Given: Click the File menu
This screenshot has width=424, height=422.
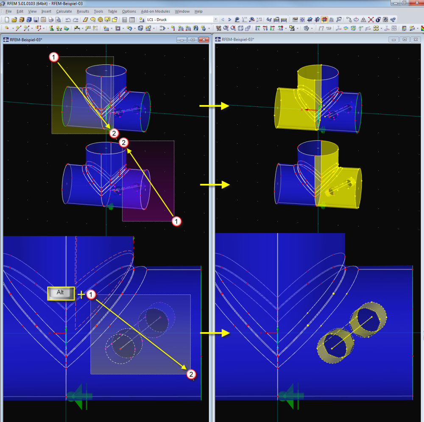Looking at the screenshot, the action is pos(8,11).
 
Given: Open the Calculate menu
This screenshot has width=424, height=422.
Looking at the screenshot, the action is pos(64,11).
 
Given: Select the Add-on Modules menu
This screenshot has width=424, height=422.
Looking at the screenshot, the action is pos(155,11).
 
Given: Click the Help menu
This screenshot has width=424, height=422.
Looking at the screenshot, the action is pos(198,11).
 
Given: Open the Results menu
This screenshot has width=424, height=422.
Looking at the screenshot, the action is pos(83,11).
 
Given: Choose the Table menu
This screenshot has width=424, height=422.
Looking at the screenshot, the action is pos(112,11).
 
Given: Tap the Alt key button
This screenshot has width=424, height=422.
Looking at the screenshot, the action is pos(61,293).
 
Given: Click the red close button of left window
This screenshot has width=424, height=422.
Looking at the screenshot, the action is pos(204,40).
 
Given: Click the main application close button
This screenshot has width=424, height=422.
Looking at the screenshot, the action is pos(418,3).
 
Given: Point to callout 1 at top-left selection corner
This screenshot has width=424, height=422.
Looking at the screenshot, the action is pos(53,57).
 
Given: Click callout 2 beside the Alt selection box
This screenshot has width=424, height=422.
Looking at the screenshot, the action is pos(191,374).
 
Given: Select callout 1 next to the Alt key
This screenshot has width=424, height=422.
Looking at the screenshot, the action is pos(91,294).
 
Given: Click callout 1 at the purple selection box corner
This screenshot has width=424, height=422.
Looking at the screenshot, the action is pos(176,222).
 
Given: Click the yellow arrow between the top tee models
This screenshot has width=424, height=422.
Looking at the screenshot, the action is pos(214,106).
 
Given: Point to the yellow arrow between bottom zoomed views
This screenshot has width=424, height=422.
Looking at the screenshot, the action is pos(215,333).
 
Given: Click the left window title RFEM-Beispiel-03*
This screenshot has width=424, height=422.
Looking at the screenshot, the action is pos(26,40).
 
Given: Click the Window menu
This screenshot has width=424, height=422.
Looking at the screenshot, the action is pos(182,11).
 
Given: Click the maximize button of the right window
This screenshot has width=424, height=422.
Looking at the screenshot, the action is pos(404,39).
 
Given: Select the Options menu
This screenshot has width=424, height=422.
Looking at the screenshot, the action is pos(129,11).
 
